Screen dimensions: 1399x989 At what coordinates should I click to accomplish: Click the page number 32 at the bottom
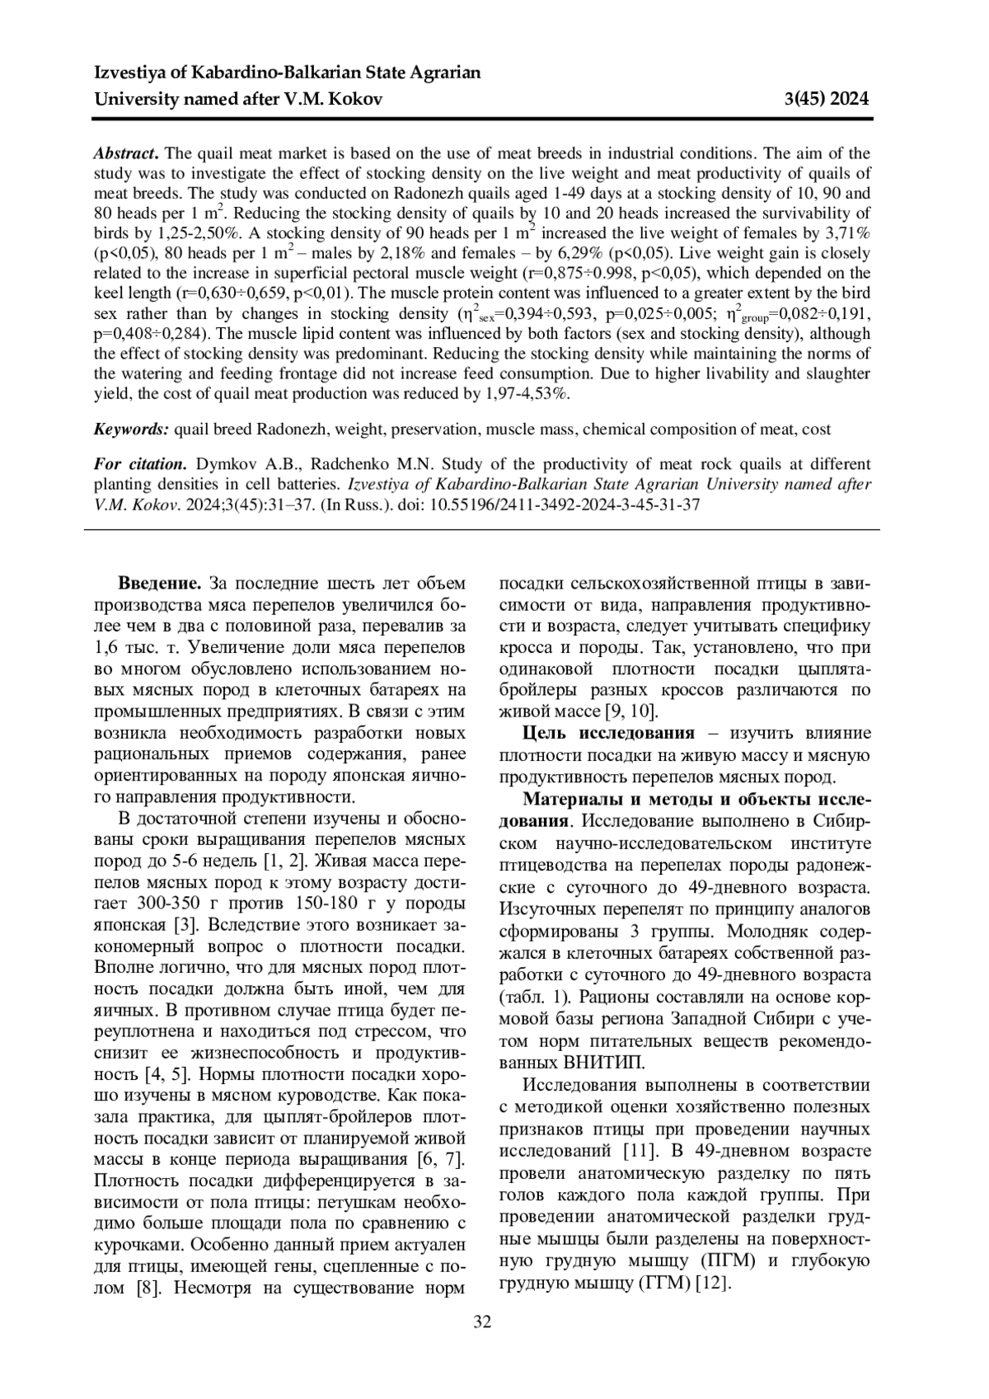coord(482,1322)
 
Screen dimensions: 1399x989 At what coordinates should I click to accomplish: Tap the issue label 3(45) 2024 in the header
coord(827,100)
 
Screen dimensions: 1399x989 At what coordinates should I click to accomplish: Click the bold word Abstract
coord(125,154)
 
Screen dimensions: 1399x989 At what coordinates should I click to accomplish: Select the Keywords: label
coord(132,429)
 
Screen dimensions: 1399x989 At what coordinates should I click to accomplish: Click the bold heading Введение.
coord(160,584)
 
